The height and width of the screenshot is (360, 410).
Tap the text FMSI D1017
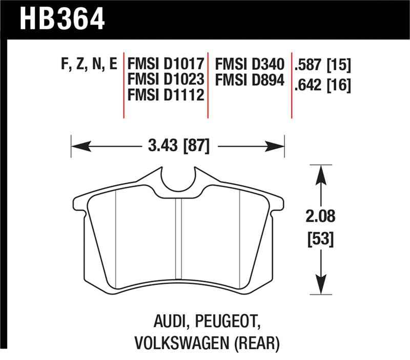pyautogui.click(x=167, y=65)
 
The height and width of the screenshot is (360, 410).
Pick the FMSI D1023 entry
pyautogui.click(x=167, y=79)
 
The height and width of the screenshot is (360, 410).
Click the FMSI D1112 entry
pyautogui.click(x=167, y=95)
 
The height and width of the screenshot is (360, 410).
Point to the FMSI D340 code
pyautogui.click(x=249, y=65)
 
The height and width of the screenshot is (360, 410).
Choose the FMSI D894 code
pyautogui.click(x=249, y=79)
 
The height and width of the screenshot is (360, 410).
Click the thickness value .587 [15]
pyautogui.click(x=323, y=65)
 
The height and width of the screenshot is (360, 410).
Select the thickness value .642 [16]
pyautogui.click(x=323, y=85)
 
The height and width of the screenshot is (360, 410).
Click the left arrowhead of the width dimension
pyautogui.click(x=77, y=147)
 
